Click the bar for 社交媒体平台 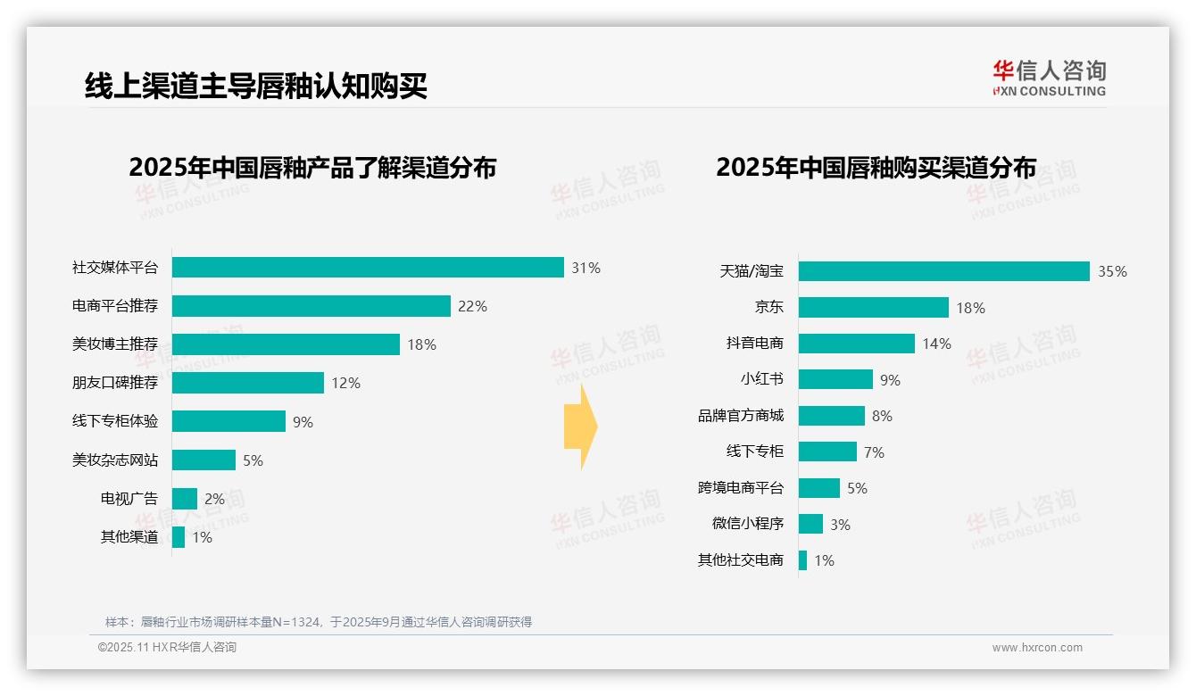point(368,268)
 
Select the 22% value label point(472,306)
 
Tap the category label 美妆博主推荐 point(115,344)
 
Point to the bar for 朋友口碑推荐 point(248,383)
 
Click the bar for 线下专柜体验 point(228,421)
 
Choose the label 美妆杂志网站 point(115,460)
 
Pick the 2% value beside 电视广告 point(214,499)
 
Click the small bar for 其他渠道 point(179,537)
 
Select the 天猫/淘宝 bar point(943,271)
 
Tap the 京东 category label point(768,308)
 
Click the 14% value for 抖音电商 point(936,344)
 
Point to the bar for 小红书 point(835,379)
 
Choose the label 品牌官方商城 point(741,416)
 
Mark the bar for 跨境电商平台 point(819,488)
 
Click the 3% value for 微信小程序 point(840,525)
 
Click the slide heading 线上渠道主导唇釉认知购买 point(256,86)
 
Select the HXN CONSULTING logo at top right point(1049,79)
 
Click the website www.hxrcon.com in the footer point(1037,648)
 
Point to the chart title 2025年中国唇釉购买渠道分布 point(876,168)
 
